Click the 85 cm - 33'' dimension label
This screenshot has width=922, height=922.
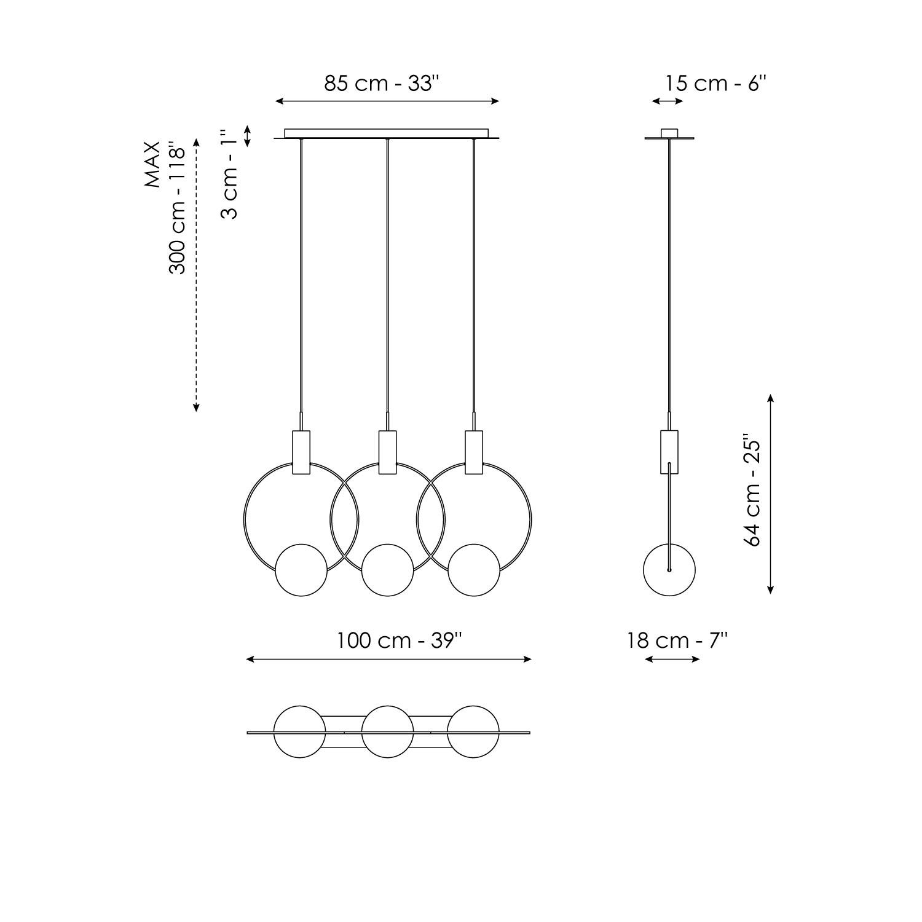point(382,84)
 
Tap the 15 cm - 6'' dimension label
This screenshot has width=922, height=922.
point(715,84)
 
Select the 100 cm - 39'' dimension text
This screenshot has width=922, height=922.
point(399,640)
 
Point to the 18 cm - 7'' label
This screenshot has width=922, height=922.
point(677,640)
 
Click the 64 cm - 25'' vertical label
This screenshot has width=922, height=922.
point(752,493)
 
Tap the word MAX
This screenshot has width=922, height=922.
point(152,164)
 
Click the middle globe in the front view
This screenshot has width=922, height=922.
point(387,570)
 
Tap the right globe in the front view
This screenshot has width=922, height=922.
point(473,570)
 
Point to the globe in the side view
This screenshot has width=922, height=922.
point(669,570)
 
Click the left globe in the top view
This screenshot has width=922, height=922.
point(299,732)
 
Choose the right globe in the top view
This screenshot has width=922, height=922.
point(473,732)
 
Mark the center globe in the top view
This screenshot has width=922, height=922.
point(387,732)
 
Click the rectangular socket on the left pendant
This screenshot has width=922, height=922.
point(301,452)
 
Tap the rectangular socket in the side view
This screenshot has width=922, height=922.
point(669,452)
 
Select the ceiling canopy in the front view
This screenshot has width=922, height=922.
point(387,133)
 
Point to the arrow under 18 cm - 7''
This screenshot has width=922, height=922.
point(672,660)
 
